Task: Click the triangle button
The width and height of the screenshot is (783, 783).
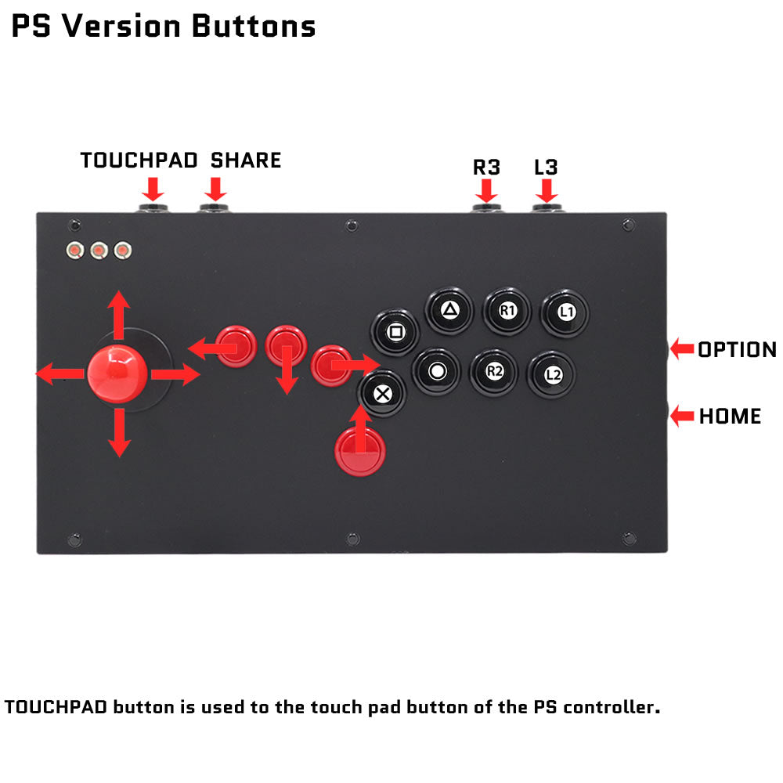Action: coord(449,311)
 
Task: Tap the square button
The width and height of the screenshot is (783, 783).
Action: coord(395,332)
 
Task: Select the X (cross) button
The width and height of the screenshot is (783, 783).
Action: coord(383,394)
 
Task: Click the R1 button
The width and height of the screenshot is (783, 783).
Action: coord(507,311)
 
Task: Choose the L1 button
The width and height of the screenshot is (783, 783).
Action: coord(565,313)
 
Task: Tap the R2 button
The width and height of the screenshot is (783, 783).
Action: coord(494,372)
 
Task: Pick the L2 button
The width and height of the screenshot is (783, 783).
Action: coord(552,374)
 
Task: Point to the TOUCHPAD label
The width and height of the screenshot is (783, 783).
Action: coord(139,161)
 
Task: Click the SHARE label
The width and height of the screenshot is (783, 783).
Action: coord(246,161)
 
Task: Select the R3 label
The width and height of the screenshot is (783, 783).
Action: coord(486,168)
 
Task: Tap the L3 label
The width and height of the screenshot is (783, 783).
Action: coord(546,168)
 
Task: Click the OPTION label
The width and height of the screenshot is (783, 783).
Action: coord(737,349)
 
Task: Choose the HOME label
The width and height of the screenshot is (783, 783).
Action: coord(730,416)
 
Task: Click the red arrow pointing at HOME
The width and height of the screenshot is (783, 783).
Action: coord(682,416)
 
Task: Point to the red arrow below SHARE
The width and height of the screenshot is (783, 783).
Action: coord(216,189)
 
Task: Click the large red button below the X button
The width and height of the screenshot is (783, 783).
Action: coord(360,452)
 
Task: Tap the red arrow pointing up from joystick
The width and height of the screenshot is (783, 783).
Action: coord(119,315)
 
